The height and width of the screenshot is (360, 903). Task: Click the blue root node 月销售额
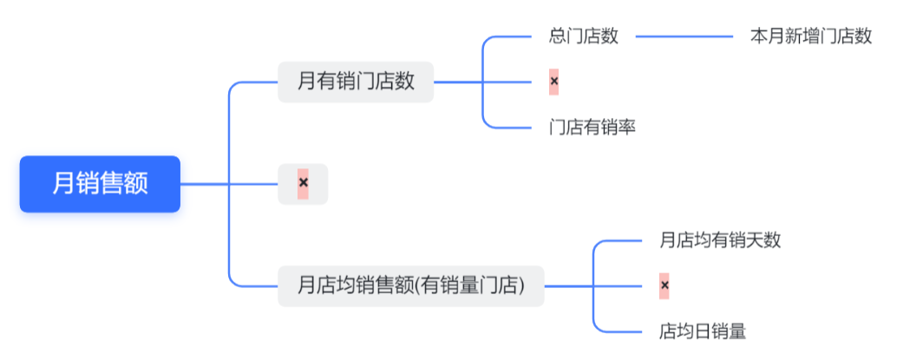(100, 184)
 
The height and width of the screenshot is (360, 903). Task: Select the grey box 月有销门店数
(356, 82)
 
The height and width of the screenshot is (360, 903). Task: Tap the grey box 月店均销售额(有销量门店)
(410, 285)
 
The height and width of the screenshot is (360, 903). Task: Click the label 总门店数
(584, 36)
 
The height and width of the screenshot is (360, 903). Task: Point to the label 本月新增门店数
(810, 36)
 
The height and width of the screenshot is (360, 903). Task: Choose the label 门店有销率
(592, 128)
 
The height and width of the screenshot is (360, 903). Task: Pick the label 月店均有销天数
(720, 239)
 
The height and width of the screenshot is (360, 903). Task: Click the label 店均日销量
(703, 331)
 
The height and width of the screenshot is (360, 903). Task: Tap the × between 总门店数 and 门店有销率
(554, 82)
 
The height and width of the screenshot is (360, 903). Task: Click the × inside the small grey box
(303, 183)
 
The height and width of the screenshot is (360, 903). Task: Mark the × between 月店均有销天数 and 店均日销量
(664, 285)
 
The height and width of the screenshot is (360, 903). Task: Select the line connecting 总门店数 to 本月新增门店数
(685, 37)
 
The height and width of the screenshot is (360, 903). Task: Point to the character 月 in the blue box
(63, 184)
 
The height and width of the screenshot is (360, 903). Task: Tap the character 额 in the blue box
(136, 184)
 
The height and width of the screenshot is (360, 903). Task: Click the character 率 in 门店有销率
(627, 128)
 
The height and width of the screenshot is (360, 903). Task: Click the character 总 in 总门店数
(558, 36)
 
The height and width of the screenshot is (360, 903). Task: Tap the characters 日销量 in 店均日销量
(720, 331)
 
